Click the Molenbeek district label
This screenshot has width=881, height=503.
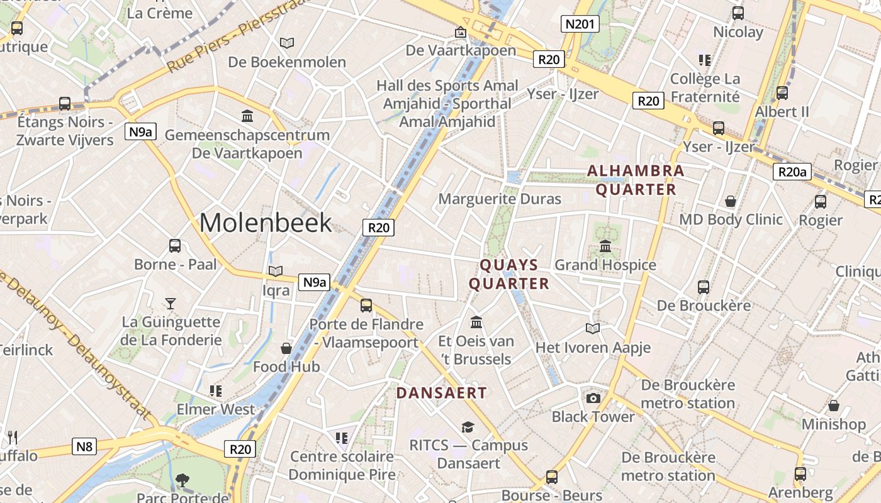266,223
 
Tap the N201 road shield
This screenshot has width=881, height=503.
580,25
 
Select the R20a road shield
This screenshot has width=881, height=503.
792,172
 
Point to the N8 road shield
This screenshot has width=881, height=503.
84,446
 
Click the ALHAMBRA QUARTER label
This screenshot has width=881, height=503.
636,180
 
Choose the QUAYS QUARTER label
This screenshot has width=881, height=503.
509,274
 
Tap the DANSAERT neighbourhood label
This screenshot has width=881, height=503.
441,393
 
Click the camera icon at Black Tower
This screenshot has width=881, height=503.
593,398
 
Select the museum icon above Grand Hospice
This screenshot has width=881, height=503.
605,246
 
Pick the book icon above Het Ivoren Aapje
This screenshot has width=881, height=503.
593,328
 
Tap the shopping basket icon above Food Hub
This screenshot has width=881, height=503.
286,348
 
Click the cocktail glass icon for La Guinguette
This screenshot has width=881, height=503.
170,304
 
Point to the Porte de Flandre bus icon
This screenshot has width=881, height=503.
366,306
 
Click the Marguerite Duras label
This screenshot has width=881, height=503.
500,199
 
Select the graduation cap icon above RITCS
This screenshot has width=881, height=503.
468,427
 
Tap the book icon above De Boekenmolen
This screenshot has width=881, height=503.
287,43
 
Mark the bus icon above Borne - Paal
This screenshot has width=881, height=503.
175,246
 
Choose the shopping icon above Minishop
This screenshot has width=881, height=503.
834,406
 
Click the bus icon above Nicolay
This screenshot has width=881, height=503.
738,13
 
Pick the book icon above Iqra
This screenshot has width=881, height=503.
276,272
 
